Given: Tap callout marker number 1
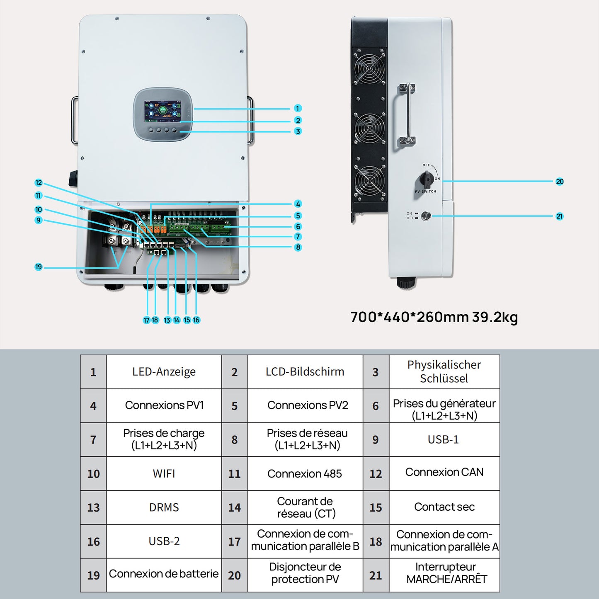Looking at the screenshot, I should tap(298, 109).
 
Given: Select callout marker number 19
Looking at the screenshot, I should tap(39, 267).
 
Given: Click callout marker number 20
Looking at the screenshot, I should tap(560, 182).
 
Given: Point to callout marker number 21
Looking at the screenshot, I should tap(560, 216).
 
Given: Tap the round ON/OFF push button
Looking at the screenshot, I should tap(426, 216).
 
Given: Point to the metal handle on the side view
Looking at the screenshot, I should tap(408, 114).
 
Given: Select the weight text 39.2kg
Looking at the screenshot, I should tap(495, 317).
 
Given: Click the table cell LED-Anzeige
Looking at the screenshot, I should tap(164, 372).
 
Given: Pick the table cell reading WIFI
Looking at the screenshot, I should tap(164, 473).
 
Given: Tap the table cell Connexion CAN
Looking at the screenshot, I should tap(444, 473).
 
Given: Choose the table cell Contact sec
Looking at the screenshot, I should tap(444, 507).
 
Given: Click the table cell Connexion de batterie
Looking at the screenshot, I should tap(164, 574).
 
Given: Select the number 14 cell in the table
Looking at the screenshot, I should tap(234, 508).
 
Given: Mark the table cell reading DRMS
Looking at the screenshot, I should tap(164, 507).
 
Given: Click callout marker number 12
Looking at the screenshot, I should tap(39, 183).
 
